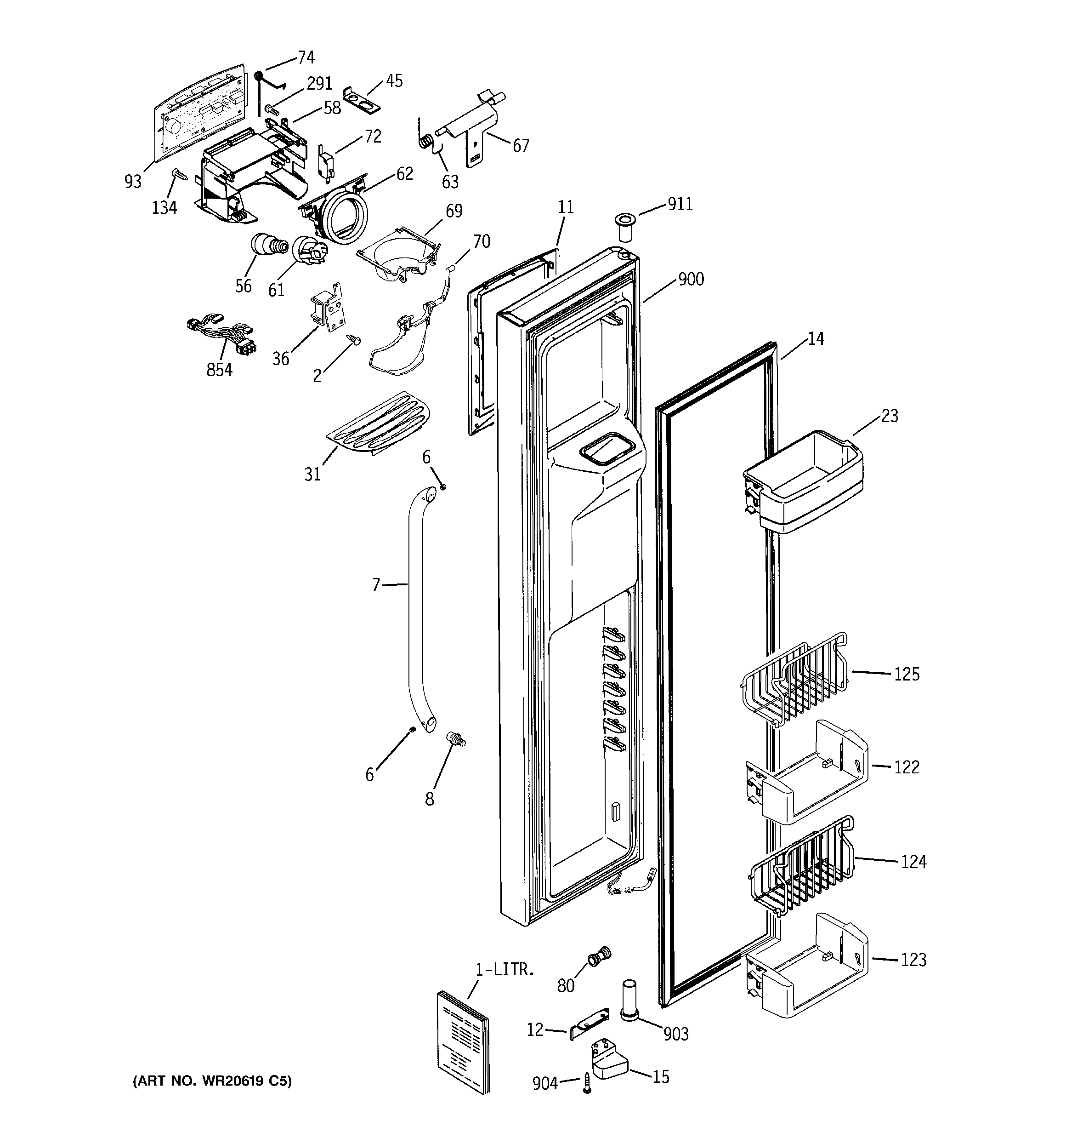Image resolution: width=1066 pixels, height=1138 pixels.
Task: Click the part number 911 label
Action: [x=680, y=204]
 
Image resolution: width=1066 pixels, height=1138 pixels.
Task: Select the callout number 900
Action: [x=691, y=280]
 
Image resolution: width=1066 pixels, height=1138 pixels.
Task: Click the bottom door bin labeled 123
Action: [x=807, y=967]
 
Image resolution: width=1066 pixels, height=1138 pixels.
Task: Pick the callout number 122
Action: [x=907, y=767]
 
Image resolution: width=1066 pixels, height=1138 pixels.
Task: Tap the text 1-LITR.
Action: [x=505, y=970]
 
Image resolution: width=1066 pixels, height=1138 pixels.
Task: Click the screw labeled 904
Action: [x=586, y=1084]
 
